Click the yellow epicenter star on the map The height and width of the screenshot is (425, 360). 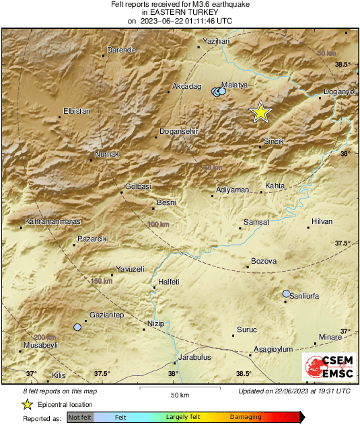(260, 112)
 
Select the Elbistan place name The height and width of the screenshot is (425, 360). (76, 111)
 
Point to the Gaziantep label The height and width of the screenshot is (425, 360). (107, 315)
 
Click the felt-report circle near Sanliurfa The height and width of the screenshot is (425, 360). (287, 294)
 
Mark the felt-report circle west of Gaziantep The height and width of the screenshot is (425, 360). (77, 327)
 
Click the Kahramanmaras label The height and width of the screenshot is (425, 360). (52, 221)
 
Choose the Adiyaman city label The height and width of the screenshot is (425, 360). (233, 190)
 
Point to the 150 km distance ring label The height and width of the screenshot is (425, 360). (101, 280)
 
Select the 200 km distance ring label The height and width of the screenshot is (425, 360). (44, 337)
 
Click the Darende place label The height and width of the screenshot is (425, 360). (122, 50)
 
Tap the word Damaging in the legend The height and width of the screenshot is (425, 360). (246, 418)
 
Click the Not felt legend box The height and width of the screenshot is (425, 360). (80, 418)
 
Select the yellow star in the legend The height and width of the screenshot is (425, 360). (28, 404)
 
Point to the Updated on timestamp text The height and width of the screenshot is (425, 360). (294, 391)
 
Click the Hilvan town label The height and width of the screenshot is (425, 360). (322, 221)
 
